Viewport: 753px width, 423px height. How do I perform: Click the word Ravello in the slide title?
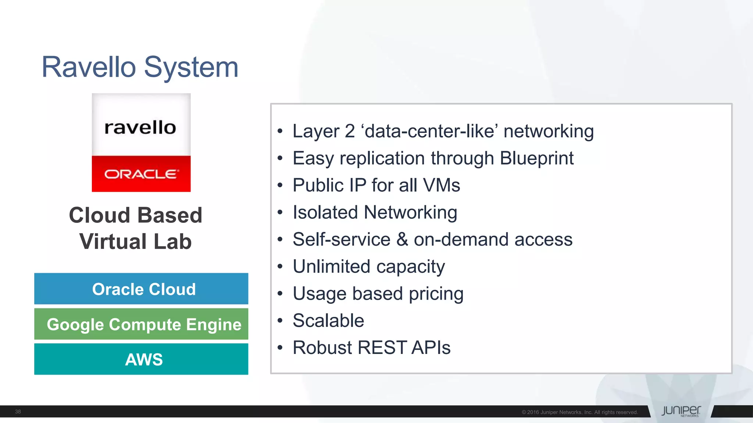[x=89, y=67]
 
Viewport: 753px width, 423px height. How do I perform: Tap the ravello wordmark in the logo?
[x=140, y=127]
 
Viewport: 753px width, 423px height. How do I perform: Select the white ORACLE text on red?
[x=141, y=174]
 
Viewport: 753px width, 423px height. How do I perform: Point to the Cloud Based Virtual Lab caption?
[x=136, y=228]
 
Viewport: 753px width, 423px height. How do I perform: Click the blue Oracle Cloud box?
[x=141, y=289]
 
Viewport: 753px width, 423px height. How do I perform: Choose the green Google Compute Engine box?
[x=141, y=324]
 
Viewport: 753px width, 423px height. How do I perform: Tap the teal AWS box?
[x=141, y=359]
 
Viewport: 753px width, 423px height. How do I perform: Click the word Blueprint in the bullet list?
[x=536, y=158]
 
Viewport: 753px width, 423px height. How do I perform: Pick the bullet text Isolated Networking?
[x=375, y=212]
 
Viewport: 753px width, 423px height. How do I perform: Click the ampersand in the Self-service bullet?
[x=402, y=239]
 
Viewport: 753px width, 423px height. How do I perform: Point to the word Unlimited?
[x=331, y=267]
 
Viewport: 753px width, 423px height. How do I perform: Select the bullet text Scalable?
[x=328, y=321]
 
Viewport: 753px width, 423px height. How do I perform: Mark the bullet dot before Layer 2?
[x=280, y=131]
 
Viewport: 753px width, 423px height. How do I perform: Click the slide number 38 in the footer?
[x=18, y=412]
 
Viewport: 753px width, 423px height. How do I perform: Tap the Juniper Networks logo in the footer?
[x=681, y=411]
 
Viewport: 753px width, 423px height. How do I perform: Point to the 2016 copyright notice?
[x=579, y=412]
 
